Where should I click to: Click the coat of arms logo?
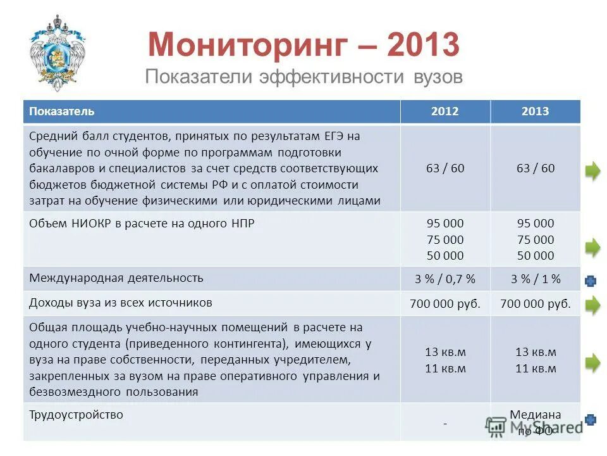click(57, 53)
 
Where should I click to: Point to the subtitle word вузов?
click(436, 77)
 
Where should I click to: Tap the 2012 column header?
click(445, 111)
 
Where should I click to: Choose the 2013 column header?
click(535, 111)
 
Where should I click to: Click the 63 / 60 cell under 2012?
click(445, 168)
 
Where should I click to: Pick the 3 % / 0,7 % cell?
click(445, 279)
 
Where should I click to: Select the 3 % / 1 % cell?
click(535, 279)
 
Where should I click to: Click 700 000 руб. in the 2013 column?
click(535, 304)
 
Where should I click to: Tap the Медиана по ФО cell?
click(535, 422)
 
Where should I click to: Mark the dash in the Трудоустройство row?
click(445, 423)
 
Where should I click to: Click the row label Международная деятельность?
click(116, 277)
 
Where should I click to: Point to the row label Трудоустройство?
click(76, 415)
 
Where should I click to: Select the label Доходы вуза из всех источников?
click(120, 303)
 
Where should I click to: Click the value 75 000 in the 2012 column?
click(445, 239)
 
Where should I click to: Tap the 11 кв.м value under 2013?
click(535, 369)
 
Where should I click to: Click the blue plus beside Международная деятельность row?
click(591, 280)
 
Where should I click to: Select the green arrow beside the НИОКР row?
click(592, 246)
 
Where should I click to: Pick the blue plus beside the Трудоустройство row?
click(591, 419)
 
